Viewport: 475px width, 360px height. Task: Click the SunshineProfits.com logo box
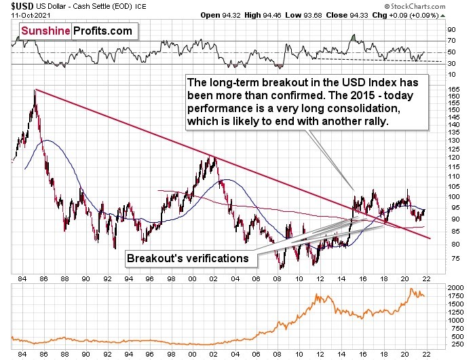[x=75, y=31]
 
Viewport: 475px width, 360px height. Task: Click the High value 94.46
[x=275, y=15]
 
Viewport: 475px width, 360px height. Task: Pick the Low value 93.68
[x=318, y=15]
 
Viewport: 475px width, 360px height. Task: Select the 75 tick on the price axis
[x=451, y=258]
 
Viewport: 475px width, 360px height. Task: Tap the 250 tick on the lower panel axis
[x=451, y=343]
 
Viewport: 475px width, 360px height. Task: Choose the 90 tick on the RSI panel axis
[x=449, y=30]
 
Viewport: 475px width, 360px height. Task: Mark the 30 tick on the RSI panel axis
[x=449, y=64]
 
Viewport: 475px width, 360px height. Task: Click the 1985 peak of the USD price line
[x=34, y=90]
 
